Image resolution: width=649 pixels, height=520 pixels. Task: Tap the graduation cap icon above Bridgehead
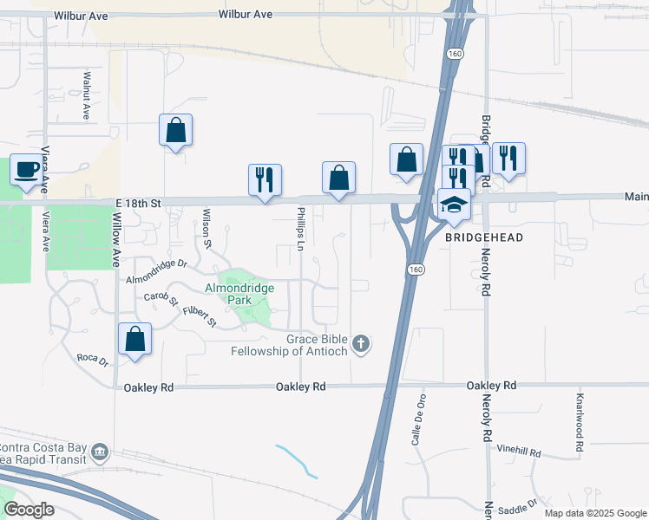coord(455,205)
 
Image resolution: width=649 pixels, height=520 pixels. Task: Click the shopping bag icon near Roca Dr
coord(135,338)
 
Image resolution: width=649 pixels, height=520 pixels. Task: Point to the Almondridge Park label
coord(239,294)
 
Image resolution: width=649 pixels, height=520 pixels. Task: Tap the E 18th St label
coord(139,202)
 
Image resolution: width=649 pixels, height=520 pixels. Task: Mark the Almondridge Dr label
coord(156,271)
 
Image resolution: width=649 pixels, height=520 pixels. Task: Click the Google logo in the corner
coord(29,510)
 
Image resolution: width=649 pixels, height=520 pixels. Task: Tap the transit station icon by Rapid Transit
coord(100,452)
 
